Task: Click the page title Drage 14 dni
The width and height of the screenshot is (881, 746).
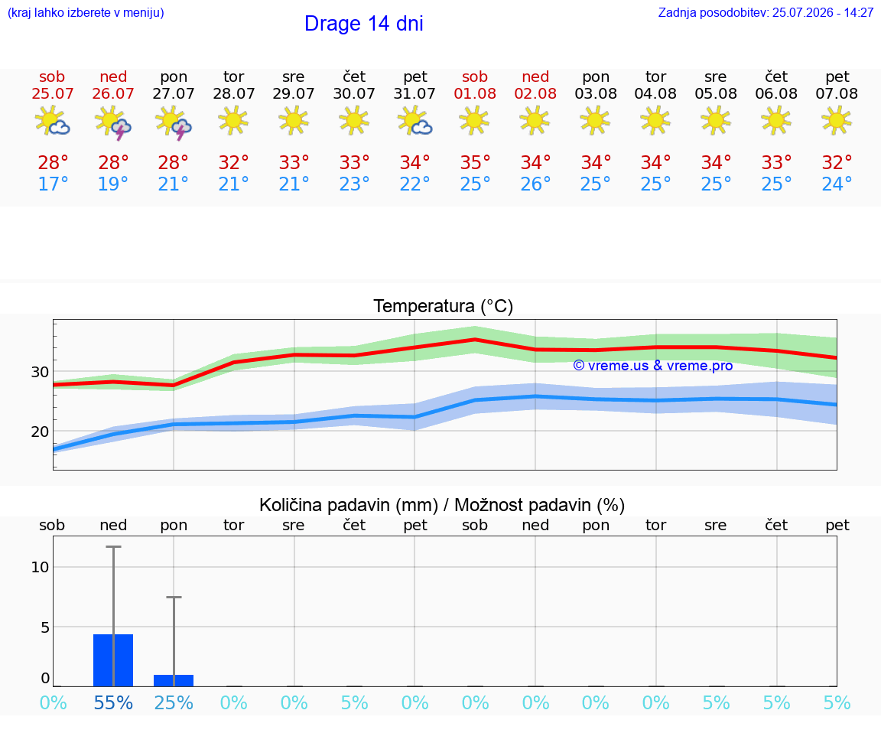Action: pyautogui.click(x=363, y=24)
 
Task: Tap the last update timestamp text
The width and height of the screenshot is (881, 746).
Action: pyautogui.click(x=766, y=12)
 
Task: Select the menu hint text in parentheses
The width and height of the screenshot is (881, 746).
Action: pyautogui.click(x=86, y=13)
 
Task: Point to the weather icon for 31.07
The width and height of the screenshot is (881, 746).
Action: pyautogui.click(x=414, y=121)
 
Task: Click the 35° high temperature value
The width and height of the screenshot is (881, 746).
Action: pyautogui.click(x=476, y=162)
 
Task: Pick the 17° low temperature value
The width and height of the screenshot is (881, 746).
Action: pyautogui.click(x=53, y=184)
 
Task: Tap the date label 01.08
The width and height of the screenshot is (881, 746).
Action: pyautogui.click(x=475, y=93)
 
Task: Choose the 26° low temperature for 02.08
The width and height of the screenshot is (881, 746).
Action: pyautogui.click(x=535, y=184)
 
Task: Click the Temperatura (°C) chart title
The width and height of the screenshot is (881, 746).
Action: pyautogui.click(x=444, y=306)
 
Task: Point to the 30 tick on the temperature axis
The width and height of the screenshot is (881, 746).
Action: pyautogui.click(x=40, y=372)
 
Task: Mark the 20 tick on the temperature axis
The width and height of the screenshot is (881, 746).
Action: pyautogui.click(x=40, y=432)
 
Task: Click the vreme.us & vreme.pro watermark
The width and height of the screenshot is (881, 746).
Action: pyautogui.click(x=653, y=366)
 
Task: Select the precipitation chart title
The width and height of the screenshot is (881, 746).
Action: pyautogui.click(x=441, y=505)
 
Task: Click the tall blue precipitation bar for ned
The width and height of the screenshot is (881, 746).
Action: pyautogui.click(x=113, y=660)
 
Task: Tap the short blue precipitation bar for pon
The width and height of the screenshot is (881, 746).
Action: pyautogui.click(x=174, y=680)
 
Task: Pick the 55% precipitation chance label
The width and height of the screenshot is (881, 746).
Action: pyautogui.click(x=113, y=702)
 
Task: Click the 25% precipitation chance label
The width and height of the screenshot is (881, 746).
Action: pyautogui.click(x=174, y=702)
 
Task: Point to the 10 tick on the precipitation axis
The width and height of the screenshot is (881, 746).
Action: pyautogui.click(x=40, y=567)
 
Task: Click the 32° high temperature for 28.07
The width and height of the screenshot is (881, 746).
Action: pyautogui.click(x=234, y=162)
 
